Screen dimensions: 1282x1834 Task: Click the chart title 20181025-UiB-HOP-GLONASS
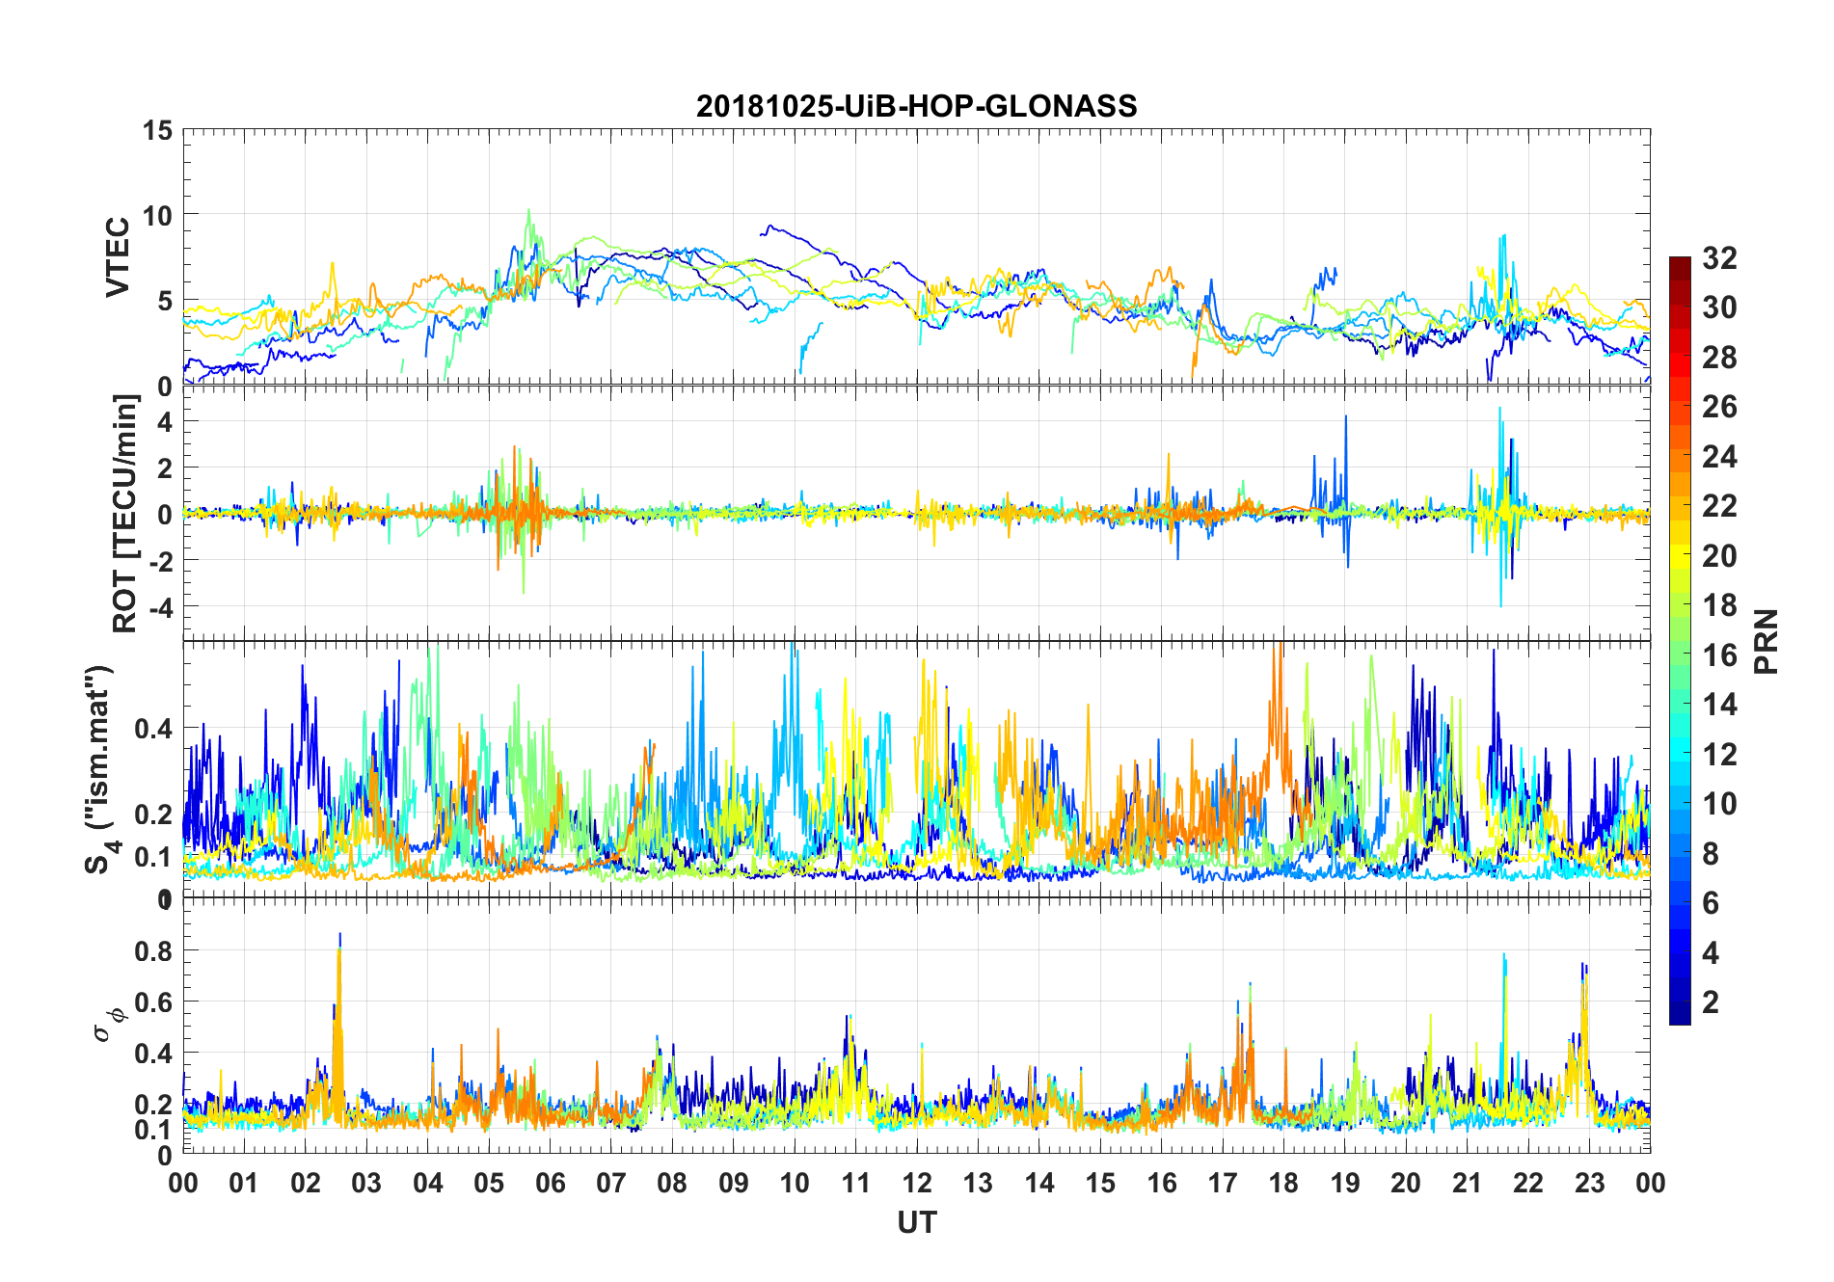[x=916, y=106]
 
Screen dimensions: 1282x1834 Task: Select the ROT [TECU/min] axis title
[x=125, y=513]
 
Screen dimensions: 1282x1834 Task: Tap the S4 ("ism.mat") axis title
[x=100, y=769]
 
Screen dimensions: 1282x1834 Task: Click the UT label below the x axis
[x=916, y=1223]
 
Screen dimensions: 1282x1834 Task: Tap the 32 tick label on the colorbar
[x=1719, y=258]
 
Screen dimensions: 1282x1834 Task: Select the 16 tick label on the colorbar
[x=1719, y=655]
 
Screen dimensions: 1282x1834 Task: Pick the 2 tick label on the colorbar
[x=1711, y=1002]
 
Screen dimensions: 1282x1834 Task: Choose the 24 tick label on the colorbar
[x=1719, y=457]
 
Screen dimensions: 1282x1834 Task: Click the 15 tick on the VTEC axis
[x=157, y=130]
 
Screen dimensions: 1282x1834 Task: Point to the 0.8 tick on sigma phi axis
[x=154, y=950]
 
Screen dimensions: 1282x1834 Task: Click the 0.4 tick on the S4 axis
[x=154, y=728]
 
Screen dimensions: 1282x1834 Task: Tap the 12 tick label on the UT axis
[x=917, y=1184]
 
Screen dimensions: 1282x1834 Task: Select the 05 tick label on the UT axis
[x=489, y=1184]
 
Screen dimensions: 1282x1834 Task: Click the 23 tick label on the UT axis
[x=1589, y=1184]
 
